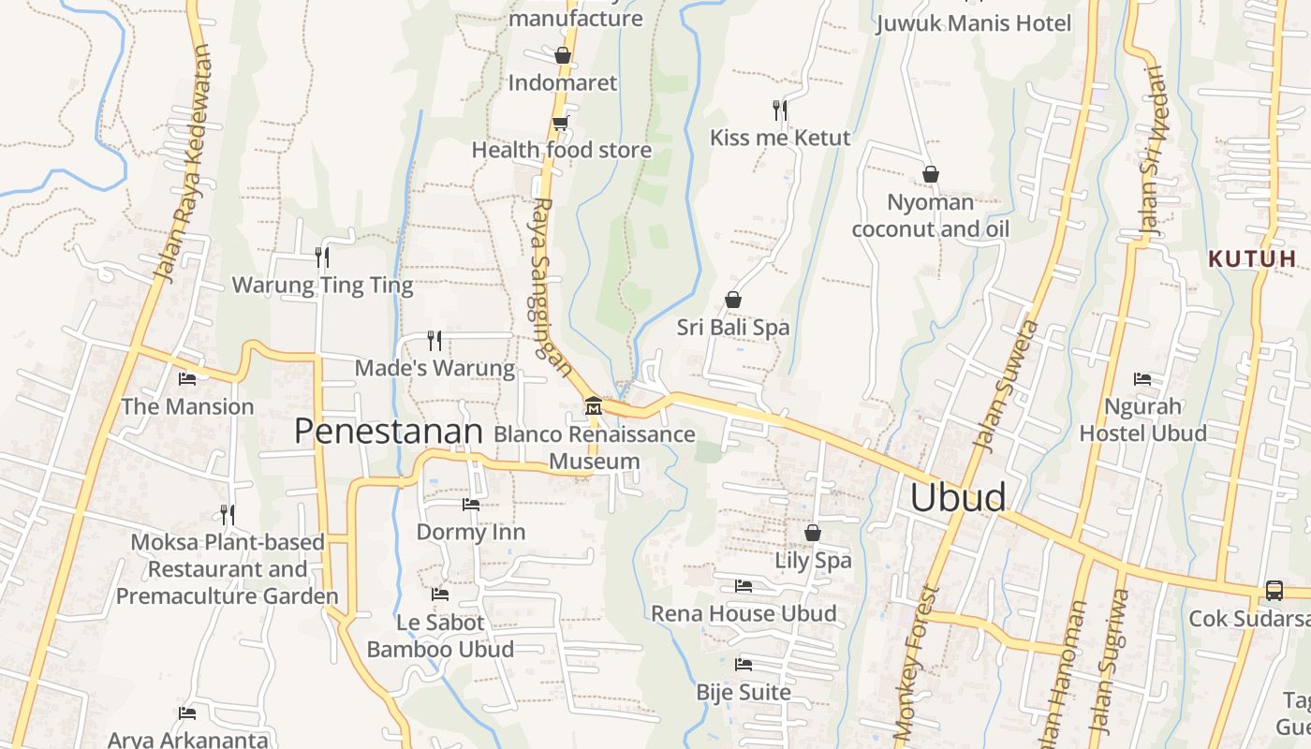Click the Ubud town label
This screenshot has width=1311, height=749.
pos(958,497)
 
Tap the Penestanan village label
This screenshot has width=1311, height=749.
pos(388,432)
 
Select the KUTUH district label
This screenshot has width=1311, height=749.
pos(1251,258)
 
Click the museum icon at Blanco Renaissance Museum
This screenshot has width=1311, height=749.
pos(593,406)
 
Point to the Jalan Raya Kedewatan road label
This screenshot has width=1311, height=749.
pos(183,164)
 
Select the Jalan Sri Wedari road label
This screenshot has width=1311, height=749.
pos(1151,150)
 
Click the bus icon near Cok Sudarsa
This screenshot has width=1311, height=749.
pos(1274,590)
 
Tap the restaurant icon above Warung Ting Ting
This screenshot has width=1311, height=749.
pos(321,257)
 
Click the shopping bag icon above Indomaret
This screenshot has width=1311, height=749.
pos(563,55)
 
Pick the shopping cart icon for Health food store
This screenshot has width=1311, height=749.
pos(560,124)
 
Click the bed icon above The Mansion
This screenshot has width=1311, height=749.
pos(187,379)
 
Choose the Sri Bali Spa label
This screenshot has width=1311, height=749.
pos(733,328)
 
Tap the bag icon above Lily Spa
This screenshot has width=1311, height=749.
pos(813,533)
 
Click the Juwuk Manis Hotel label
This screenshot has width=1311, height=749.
pos(973,22)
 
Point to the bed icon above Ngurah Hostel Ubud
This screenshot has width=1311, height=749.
pos(1142,379)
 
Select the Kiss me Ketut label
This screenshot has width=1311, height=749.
pos(779,138)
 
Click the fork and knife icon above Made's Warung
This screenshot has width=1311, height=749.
pos(434,340)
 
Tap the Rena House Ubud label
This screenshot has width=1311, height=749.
pos(744,614)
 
